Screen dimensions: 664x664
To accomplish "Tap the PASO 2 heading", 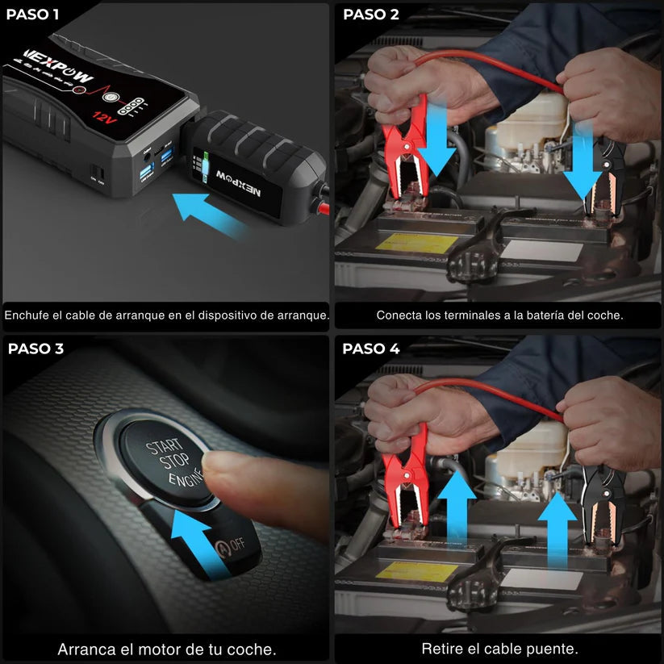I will (371, 15).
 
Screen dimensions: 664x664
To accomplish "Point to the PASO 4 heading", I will (371, 349).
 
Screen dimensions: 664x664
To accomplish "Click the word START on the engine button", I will (165, 449).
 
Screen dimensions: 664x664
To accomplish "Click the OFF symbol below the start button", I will (231, 545).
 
